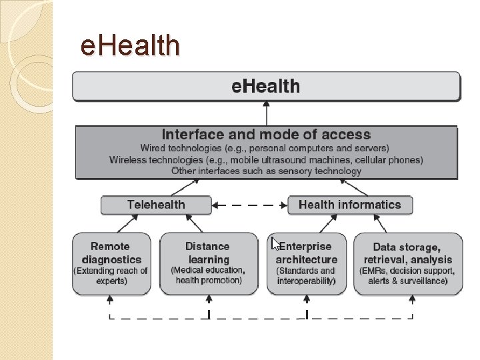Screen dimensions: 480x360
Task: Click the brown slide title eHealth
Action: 130,45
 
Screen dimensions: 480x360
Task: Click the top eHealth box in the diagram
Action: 266,86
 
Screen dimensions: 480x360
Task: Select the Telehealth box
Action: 156,205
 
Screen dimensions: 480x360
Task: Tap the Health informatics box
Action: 350,205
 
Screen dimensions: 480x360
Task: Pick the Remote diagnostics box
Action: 111,263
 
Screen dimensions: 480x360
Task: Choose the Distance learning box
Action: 209,263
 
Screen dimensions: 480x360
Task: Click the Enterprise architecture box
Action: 307,263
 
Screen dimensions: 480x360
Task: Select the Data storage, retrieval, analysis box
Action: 408,263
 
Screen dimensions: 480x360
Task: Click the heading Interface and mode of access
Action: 266,135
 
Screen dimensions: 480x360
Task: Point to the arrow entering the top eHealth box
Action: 266,113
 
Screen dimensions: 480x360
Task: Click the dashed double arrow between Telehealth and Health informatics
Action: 249,205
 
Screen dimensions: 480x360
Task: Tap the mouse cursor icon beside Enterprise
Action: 276,244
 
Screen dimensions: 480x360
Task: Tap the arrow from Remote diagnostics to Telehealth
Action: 127,223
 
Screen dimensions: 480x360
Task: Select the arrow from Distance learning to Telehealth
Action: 194,223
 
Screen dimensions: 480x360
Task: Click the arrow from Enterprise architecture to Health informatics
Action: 329,223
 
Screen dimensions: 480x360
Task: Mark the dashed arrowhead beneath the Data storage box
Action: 413,299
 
